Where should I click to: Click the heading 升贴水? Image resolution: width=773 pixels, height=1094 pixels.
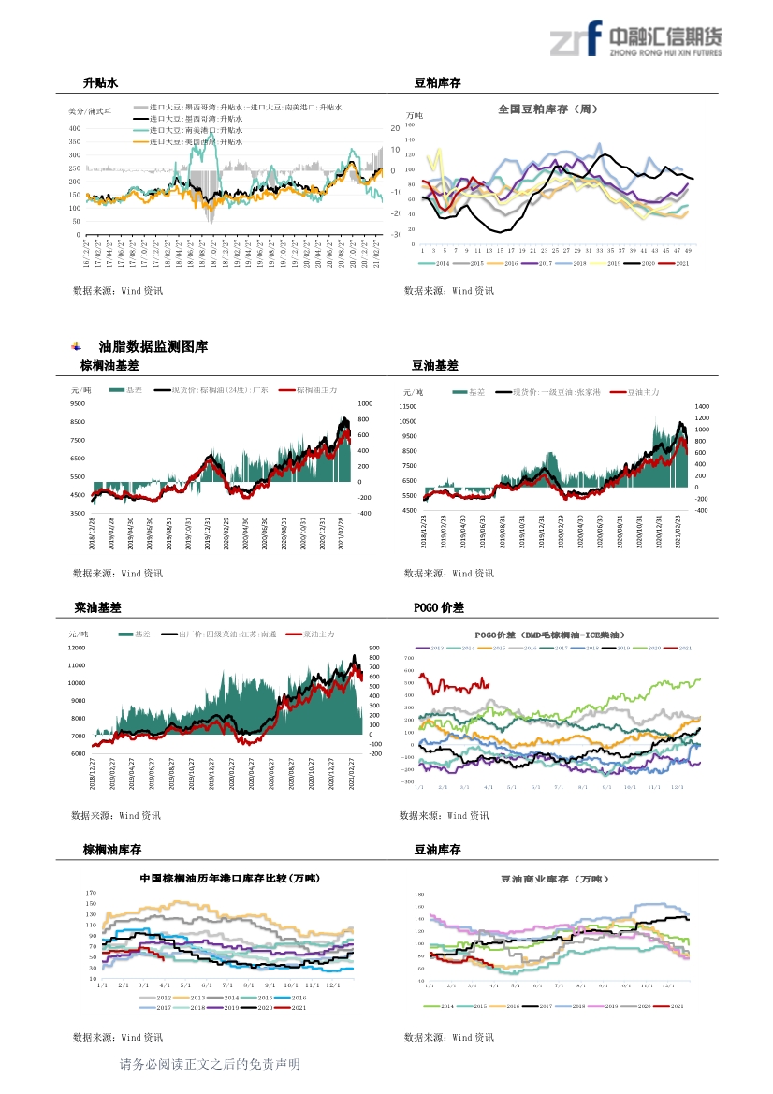[100, 83]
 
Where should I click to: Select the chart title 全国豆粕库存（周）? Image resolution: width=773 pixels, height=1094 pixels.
[547, 109]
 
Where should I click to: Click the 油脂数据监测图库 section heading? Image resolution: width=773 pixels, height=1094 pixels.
[153, 346]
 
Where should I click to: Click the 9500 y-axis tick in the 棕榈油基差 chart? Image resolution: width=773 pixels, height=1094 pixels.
[78, 403]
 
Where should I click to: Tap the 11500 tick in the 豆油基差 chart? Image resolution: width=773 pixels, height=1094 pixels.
[407, 407]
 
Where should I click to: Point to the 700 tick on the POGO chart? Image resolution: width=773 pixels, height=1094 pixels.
[408, 658]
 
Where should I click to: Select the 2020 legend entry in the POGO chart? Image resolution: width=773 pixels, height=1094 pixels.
[656, 648]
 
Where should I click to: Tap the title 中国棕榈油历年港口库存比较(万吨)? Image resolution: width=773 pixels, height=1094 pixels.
[228, 879]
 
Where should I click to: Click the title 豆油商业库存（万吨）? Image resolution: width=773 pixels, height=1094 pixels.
[554, 879]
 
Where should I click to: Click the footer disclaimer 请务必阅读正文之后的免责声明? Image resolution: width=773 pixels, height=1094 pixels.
[210, 1064]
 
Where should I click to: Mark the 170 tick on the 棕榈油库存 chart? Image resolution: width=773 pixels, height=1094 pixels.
[92, 893]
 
